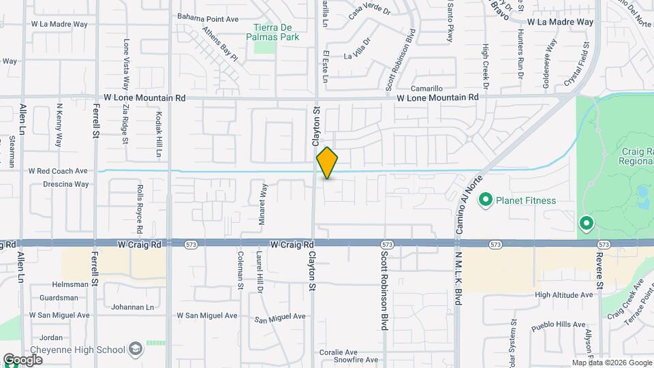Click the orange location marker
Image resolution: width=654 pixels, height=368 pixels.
point(327,163)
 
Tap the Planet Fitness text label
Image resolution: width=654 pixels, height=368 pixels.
point(525,200)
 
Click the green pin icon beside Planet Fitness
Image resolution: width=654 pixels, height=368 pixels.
point(486,200)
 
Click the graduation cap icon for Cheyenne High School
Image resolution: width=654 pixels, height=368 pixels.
point(136,350)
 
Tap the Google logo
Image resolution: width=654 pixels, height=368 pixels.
point(22,359)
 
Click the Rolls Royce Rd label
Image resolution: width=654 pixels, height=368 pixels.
point(139,204)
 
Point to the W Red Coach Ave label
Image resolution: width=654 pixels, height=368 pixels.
point(58,170)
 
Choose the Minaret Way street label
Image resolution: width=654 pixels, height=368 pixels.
point(261,197)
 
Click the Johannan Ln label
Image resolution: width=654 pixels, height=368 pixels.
point(131,307)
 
